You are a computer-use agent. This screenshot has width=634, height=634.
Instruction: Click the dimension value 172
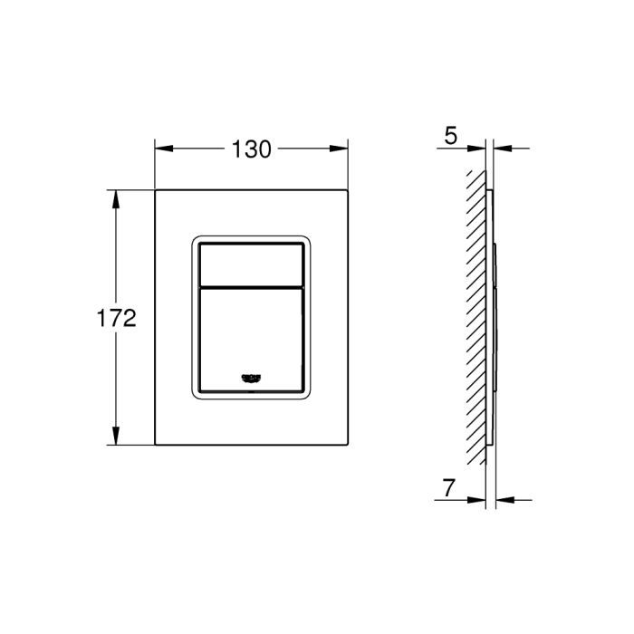(117, 318)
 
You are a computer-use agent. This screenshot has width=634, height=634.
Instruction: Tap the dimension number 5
(450, 137)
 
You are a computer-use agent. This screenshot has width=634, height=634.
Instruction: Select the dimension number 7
(450, 489)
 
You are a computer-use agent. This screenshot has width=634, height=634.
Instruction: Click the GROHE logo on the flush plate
(252, 378)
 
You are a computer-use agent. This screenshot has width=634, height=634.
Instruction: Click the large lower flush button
(252, 335)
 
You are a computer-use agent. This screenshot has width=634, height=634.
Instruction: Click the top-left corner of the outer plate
(156, 190)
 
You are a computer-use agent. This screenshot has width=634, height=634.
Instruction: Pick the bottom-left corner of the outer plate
(156, 445)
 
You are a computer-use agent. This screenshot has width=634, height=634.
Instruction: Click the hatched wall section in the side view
(476, 317)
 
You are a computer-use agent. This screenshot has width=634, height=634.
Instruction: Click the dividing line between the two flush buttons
(252, 286)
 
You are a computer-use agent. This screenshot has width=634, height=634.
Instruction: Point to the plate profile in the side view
(490, 317)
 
